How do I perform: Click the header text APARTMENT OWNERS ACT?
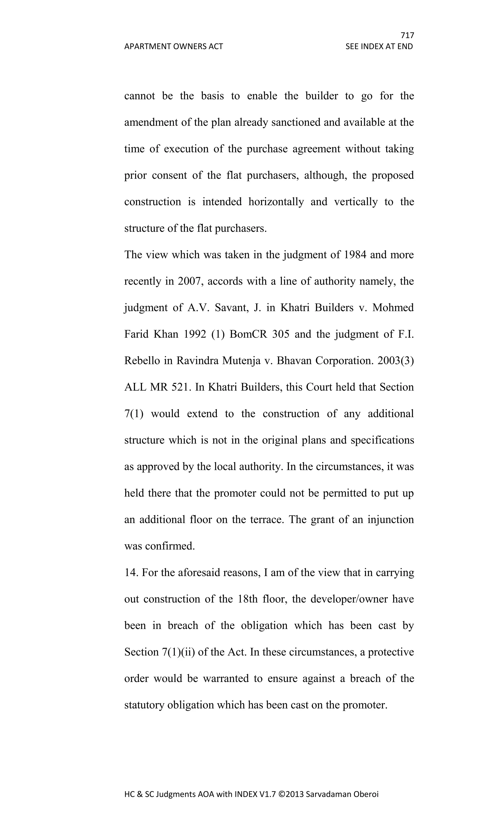click(x=173, y=46)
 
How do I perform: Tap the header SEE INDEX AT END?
click(x=379, y=46)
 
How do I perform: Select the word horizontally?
click(x=276, y=202)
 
